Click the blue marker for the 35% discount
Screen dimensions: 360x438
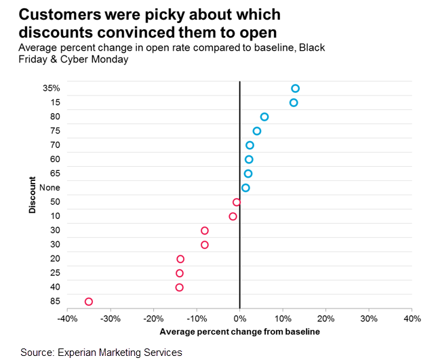coord(295,88)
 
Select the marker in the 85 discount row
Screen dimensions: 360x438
coord(88,301)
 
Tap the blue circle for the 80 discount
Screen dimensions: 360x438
coord(264,117)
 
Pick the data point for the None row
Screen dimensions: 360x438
coord(245,188)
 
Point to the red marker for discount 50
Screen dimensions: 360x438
coord(237,202)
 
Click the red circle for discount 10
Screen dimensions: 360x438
coord(233,216)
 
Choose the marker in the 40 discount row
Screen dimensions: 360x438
coord(180,287)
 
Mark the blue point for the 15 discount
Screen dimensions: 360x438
coord(294,102)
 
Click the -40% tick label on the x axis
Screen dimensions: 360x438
coord(67,319)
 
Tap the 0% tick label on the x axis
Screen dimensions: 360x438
coord(239,319)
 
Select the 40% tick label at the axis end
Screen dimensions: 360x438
coord(412,319)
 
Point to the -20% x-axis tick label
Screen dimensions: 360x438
coord(153,319)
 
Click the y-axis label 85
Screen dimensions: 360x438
coord(55,301)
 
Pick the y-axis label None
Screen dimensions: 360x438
coord(50,188)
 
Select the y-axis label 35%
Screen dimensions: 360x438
coord(52,88)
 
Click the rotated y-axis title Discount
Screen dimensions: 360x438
coord(32,195)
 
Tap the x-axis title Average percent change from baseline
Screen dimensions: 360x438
coord(239,332)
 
